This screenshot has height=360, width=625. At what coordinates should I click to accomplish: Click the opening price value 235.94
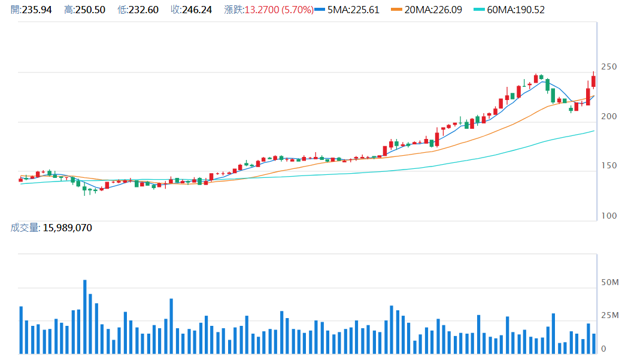(37, 10)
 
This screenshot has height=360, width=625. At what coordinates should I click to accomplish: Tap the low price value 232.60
(144, 10)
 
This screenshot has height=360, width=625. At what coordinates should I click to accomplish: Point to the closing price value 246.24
(197, 10)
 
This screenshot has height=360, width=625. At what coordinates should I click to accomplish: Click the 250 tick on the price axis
(608, 66)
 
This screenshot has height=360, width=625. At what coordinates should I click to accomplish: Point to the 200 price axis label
(608, 116)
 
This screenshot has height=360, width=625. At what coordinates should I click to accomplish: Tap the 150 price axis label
(608, 166)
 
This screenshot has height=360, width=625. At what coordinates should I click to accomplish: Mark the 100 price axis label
(608, 216)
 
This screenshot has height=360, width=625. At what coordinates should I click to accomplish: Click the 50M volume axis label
(609, 282)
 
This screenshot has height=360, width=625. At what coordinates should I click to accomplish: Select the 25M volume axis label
(609, 316)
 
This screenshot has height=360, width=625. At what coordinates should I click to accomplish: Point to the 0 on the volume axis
(603, 349)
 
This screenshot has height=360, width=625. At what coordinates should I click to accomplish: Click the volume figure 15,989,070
(67, 228)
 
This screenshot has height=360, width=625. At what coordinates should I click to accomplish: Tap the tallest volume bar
(85, 316)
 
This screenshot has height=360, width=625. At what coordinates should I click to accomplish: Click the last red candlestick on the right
(593, 81)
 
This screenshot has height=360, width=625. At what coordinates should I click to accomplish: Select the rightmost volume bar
(594, 344)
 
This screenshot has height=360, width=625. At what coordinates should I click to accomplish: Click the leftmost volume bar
(21, 330)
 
